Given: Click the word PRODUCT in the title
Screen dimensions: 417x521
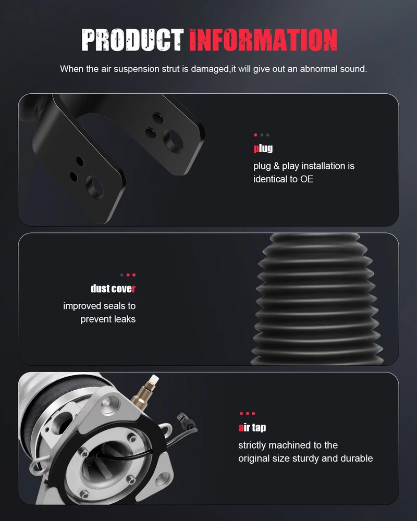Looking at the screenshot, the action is click(132, 40).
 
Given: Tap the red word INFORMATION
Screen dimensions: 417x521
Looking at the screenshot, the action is click(263, 40).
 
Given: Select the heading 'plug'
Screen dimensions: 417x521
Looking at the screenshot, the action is click(263, 148).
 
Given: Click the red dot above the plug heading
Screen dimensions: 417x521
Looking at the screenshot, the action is click(255, 135).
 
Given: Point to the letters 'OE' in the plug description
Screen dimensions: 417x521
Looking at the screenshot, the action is click(306, 179).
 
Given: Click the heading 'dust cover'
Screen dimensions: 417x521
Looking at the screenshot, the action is click(113, 289).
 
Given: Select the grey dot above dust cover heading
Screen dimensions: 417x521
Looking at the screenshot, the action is click(121, 275).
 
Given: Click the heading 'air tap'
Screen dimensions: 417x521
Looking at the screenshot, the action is click(252, 427).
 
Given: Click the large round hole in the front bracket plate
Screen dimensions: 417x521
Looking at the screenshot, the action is click(95, 187).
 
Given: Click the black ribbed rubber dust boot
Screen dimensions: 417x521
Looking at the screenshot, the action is click(317, 299).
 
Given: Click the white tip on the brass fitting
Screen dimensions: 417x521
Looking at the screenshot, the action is click(154, 379).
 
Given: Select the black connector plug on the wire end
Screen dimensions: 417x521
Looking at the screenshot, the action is click(186, 420).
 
